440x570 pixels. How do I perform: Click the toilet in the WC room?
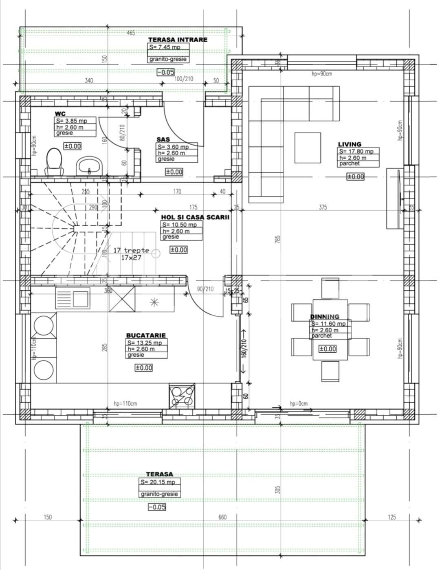pyautogui.click(x=54, y=162)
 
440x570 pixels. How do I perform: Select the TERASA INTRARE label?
pyautogui.click(x=178, y=40)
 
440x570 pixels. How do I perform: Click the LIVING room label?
pyautogui.click(x=350, y=144)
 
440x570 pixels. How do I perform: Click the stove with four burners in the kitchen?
pyautogui.click(x=182, y=395)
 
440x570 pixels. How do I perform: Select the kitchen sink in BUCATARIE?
pyautogui.click(x=73, y=297)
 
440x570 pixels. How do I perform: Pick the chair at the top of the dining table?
pyautogui.click(x=330, y=288)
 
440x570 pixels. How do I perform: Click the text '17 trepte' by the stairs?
pyautogui.click(x=131, y=250)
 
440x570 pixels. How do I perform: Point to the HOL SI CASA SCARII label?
pyautogui.click(x=195, y=217)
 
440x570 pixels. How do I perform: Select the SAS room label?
pyautogui.click(x=163, y=139)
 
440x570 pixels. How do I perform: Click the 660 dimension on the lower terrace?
pyautogui.click(x=222, y=517)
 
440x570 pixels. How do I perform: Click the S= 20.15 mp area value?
pyautogui.click(x=158, y=482)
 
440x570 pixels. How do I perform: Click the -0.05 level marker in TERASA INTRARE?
pyautogui.click(x=166, y=73)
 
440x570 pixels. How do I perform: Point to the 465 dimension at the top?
pyautogui.click(x=131, y=33)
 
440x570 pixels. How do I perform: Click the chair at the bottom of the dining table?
pyautogui.click(x=330, y=371)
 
